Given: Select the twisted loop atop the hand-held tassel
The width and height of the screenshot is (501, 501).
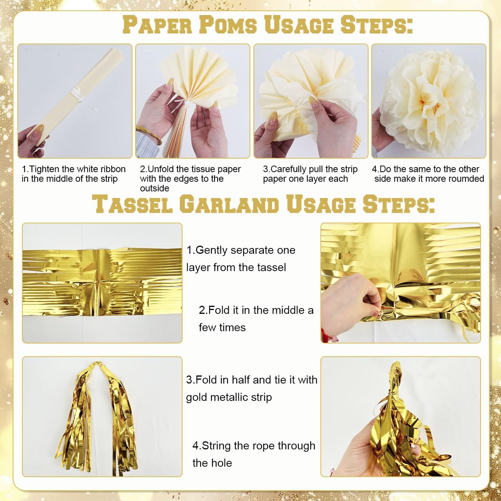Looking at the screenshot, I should pos(396,375).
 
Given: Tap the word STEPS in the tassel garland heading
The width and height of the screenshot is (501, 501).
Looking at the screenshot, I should pos(399,204).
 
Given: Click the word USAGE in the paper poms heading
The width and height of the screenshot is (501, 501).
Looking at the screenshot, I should pos(299,25).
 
